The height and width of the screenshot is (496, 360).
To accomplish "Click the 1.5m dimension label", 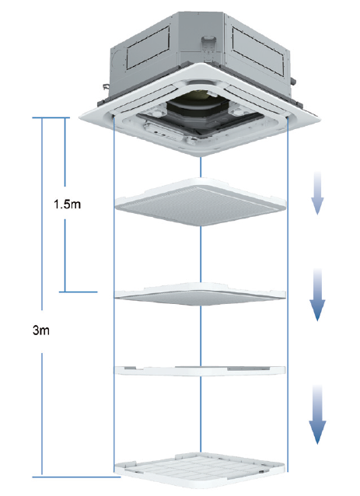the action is [67, 204].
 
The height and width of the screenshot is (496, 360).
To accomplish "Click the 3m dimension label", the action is [41, 330].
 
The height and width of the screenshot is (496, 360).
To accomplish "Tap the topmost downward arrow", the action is [317, 193].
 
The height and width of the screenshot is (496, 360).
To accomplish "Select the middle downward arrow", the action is [317, 295].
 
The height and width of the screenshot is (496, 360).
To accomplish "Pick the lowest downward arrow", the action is [317, 414].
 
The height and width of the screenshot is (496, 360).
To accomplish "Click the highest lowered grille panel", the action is [201, 202].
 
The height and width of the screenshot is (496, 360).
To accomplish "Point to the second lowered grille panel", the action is [200, 294].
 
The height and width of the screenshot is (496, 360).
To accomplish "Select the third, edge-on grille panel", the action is [200, 370].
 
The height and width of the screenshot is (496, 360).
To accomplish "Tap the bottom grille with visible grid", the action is [200, 472].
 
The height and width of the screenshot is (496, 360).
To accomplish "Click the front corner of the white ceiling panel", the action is [200, 156].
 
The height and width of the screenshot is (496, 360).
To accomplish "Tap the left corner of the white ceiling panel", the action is [80, 117].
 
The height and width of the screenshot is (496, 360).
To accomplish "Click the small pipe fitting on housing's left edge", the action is [105, 86].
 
